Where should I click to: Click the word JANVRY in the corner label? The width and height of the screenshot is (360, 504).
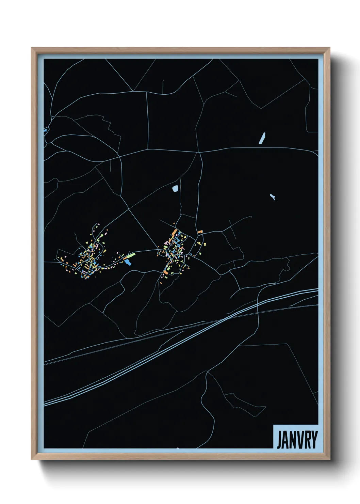click(x=297, y=440)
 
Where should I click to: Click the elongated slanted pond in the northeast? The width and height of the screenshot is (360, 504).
click(x=262, y=138)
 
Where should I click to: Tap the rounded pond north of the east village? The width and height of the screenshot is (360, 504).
click(x=175, y=188)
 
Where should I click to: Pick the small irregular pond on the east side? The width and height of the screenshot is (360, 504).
click(x=272, y=196)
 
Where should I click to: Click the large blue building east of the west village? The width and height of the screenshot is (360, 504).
click(x=128, y=262)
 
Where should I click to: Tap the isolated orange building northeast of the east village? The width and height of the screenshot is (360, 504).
click(x=200, y=232)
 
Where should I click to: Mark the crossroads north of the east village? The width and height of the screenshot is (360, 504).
click(x=199, y=152)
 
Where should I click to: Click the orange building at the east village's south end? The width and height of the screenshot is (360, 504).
click(x=165, y=272)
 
